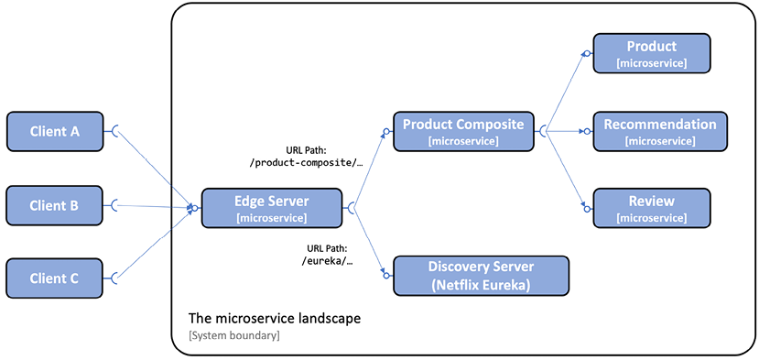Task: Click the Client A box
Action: pos(55,131)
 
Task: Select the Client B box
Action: pos(55,205)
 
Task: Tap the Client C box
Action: pos(55,278)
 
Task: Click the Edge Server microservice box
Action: pos(271,208)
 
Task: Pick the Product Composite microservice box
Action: pos(463,131)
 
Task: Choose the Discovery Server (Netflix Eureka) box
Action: pos(482,276)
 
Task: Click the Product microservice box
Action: pos(652,53)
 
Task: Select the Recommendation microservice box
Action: pos(660,131)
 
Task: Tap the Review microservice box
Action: pos(652,208)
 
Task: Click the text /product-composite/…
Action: pos(306,163)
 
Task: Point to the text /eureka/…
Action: pos(327,262)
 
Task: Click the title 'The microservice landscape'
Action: pos(275,319)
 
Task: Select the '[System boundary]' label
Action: pos(233,335)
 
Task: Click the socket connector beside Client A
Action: pos(115,131)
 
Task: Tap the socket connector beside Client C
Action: pos(115,278)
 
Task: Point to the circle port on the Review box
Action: pos(587,210)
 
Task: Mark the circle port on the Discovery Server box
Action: pos(385,276)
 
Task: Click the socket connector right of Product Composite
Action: pos(544,131)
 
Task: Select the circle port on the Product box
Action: pos(587,53)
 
